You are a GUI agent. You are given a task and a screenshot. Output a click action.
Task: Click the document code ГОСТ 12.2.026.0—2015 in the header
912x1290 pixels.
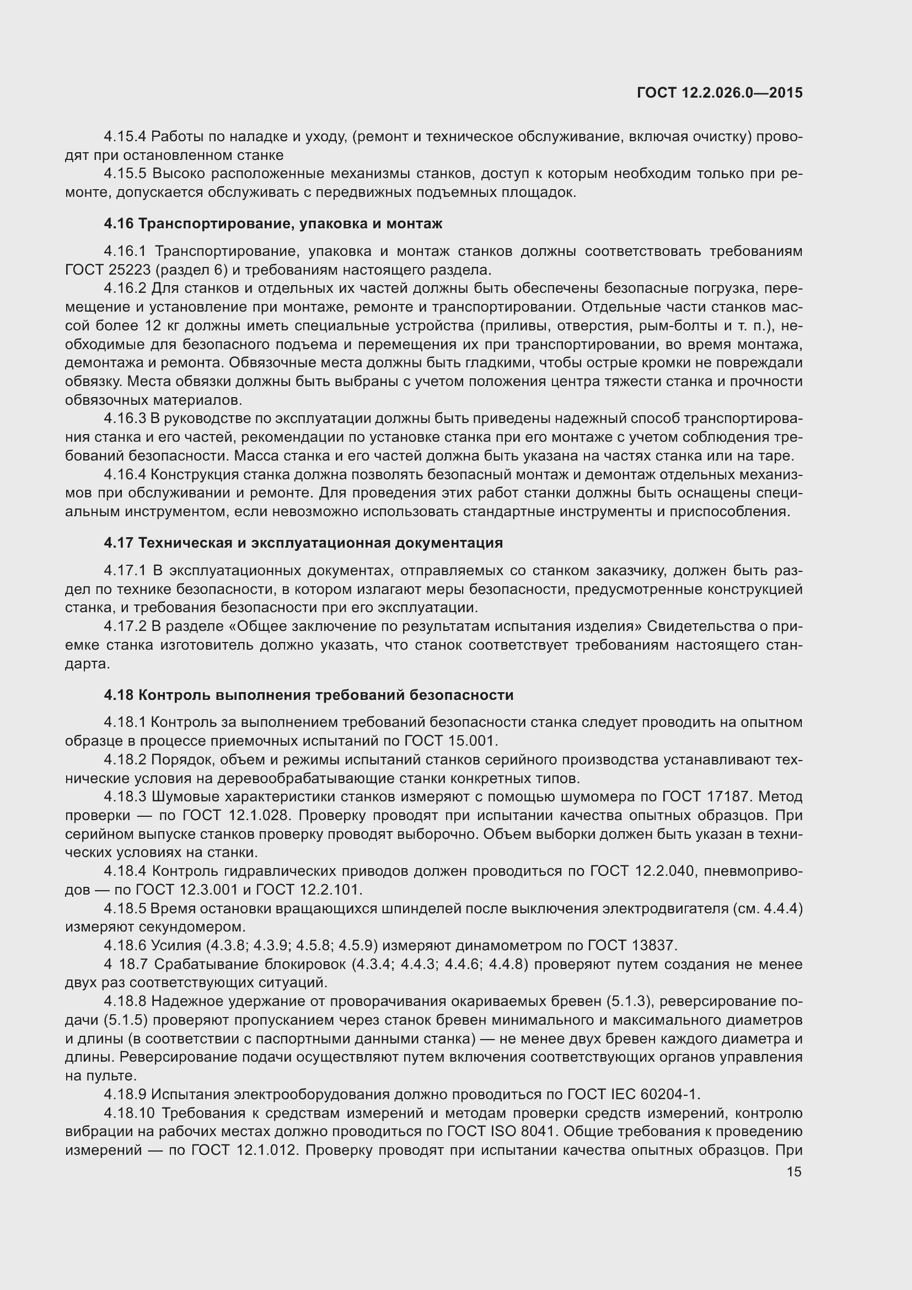point(720,93)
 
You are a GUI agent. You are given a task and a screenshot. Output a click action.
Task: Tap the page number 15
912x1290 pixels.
point(794,1171)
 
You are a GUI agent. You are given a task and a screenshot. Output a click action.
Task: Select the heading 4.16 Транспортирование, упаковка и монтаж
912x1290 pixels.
point(273,223)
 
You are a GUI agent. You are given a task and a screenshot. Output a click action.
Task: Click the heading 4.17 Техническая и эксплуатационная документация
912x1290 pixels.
point(303,543)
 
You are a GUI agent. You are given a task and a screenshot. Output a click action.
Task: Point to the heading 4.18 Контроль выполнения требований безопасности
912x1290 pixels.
point(308,695)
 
